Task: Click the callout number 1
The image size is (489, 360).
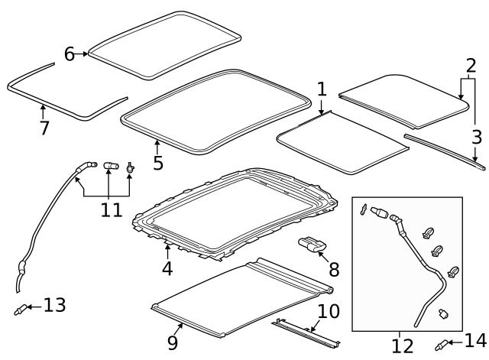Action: [x=322, y=89]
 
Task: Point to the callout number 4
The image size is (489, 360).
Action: [x=167, y=268]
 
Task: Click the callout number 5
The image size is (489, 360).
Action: [x=157, y=163]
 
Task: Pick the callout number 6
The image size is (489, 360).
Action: [x=69, y=54]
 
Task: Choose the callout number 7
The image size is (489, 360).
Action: [x=44, y=128]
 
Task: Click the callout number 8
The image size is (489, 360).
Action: [x=334, y=270]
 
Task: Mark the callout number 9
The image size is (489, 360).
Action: [x=173, y=342]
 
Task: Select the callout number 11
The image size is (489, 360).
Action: [x=112, y=209]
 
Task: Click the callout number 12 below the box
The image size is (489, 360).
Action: [x=402, y=345]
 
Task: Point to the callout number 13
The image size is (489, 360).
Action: [x=54, y=306]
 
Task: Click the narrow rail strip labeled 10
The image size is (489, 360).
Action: [x=306, y=332]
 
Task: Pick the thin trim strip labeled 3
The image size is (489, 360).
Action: [x=443, y=149]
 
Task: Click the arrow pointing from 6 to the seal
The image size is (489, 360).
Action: [x=83, y=54]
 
